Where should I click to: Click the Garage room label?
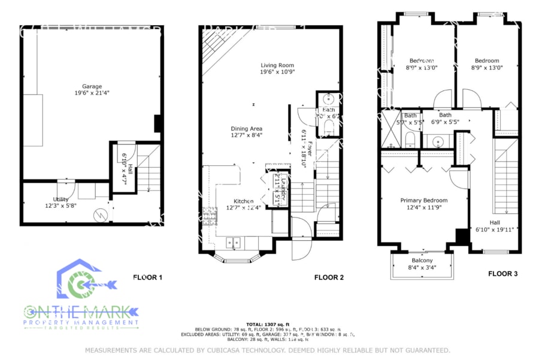point(92,86)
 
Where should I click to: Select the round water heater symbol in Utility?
point(102,214)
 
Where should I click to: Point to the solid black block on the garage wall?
point(158,123)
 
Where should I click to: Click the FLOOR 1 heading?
point(147,277)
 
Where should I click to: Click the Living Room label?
point(277,65)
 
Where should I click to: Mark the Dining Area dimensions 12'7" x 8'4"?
point(246,136)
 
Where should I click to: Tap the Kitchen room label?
point(240,201)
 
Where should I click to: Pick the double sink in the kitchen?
point(234,242)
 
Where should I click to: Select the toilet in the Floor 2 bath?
point(328,126)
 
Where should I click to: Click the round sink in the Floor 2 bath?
point(328,99)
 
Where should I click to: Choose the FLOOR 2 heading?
point(329,277)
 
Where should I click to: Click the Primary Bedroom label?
point(423,201)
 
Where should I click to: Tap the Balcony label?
point(422,261)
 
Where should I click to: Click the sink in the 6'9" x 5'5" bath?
point(438,141)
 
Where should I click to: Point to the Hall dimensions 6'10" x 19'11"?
point(496,229)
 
